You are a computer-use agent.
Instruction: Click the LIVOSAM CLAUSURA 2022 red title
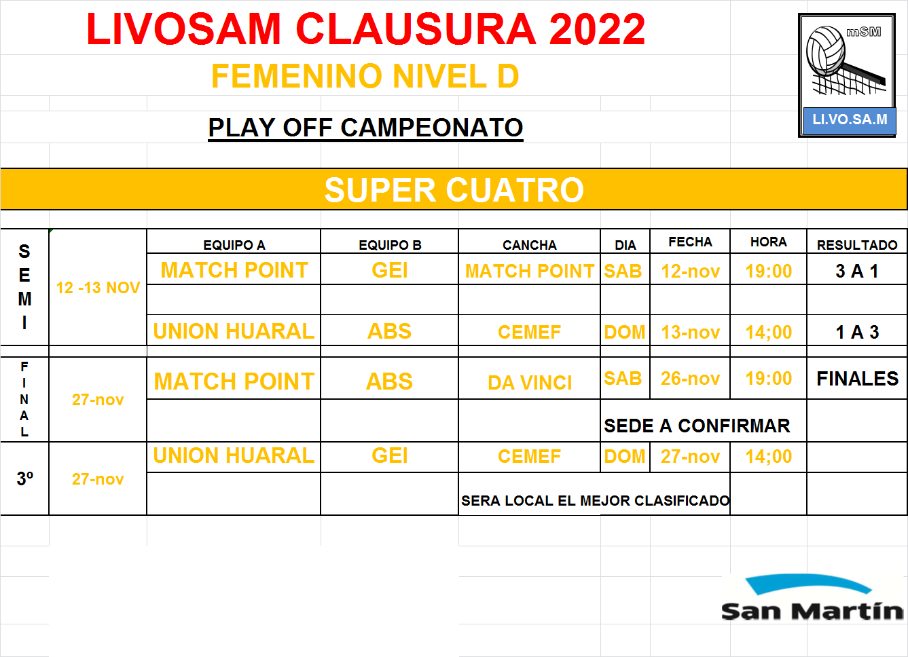pos(365,29)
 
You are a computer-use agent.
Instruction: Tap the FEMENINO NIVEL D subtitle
pos(365,76)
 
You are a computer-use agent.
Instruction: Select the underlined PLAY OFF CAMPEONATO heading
pos(365,128)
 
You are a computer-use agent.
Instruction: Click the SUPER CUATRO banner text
pos(454,189)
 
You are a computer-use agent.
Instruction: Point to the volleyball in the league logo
pos(826,51)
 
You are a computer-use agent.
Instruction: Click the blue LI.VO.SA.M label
pos(850,119)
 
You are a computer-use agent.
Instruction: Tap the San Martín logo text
pos(812,612)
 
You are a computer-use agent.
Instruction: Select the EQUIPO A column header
pos(234,245)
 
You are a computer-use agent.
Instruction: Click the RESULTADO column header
pos(857,245)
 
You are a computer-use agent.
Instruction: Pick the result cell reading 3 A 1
pos(857,271)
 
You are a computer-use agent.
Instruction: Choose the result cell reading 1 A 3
pos(857,332)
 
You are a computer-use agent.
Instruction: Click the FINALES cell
pos(857,379)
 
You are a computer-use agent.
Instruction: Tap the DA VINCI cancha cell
pos(530,383)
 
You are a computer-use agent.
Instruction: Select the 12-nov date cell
pos(690,271)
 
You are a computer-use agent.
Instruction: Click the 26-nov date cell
pos(690,379)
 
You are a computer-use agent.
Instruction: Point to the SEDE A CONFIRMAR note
pos(697,426)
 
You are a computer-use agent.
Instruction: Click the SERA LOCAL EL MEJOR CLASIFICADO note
pos(596,501)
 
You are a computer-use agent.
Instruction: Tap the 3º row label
pos(24,478)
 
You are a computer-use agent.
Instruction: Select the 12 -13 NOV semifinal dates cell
pos(98,288)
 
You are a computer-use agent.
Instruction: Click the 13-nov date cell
pos(690,332)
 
